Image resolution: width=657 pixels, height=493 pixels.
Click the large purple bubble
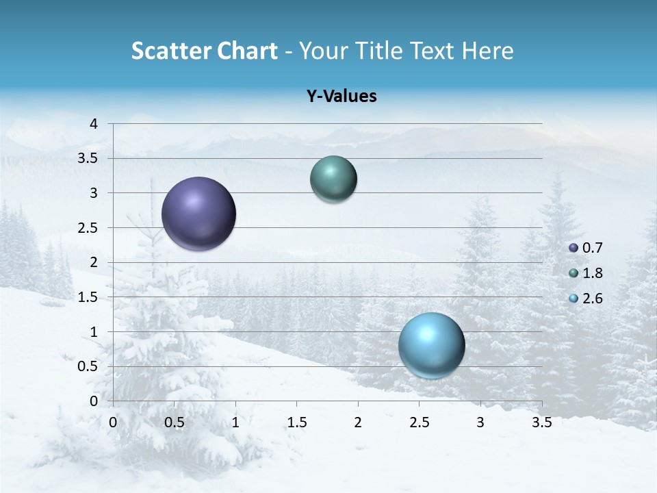(x=198, y=214)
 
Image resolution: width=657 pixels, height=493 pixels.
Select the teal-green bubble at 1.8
(x=333, y=179)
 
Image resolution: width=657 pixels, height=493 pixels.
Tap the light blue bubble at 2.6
(x=431, y=345)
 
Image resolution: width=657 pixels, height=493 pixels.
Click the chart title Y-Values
(x=341, y=97)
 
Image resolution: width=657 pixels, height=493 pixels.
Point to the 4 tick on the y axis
(x=94, y=124)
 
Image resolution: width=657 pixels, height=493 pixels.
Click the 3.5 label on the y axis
(x=88, y=158)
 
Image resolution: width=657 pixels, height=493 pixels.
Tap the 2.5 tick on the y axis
(x=88, y=228)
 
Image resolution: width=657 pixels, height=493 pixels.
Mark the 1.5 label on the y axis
(x=88, y=297)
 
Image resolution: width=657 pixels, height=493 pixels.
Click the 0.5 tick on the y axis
(x=88, y=366)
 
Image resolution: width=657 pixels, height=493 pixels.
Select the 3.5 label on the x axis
(x=541, y=422)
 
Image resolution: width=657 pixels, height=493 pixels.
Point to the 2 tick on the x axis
(x=358, y=422)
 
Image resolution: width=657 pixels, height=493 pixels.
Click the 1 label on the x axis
(x=235, y=422)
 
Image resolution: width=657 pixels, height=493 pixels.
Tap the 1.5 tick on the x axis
(x=296, y=422)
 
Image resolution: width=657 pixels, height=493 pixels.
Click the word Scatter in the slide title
(x=169, y=51)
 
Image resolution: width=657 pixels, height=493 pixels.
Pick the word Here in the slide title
(x=487, y=51)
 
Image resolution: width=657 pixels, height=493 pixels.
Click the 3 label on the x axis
(x=480, y=422)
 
